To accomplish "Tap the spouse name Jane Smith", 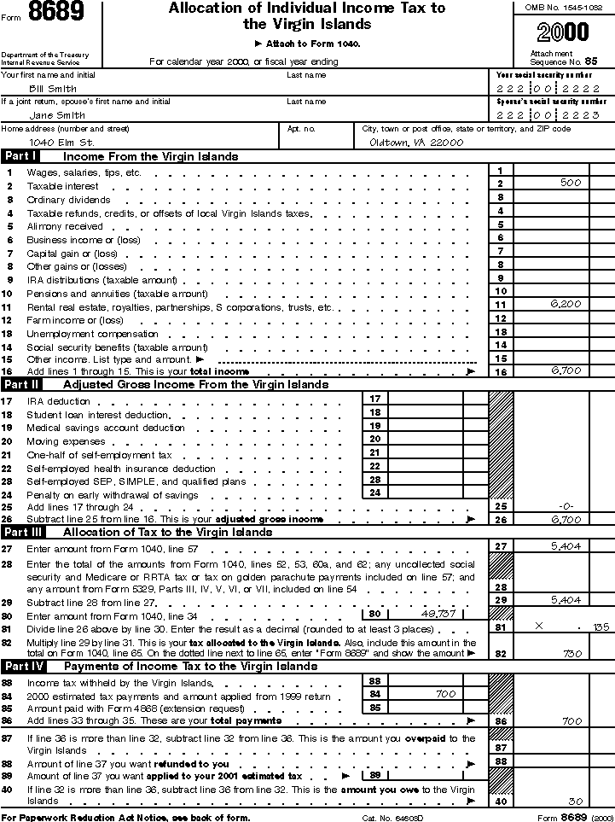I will pyautogui.click(x=57, y=115).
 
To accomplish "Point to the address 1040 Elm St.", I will pyautogui.click(x=61, y=143).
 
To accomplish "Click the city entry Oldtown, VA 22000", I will pyautogui.click(x=416, y=143).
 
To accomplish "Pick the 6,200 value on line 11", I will pyautogui.click(x=566, y=304).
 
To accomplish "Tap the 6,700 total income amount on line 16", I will pyautogui.click(x=566, y=371).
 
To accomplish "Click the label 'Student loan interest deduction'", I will pyautogui.click(x=97, y=415).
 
